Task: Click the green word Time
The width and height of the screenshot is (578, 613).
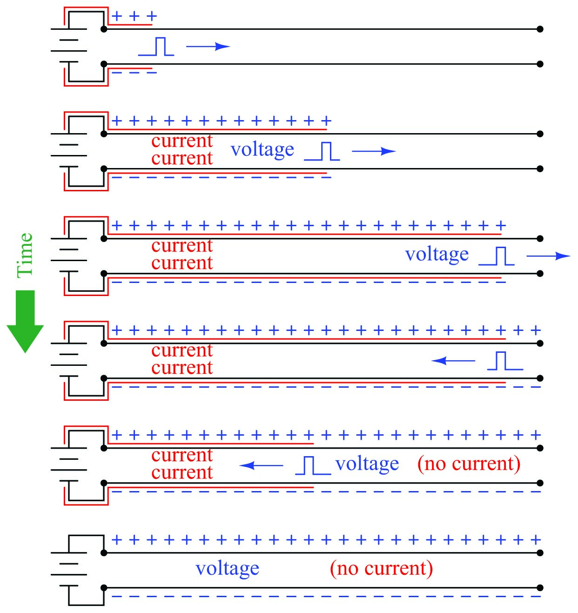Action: (x=25, y=255)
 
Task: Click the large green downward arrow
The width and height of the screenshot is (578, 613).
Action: (x=25, y=321)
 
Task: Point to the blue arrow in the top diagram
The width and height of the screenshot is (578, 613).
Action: (x=208, y=46)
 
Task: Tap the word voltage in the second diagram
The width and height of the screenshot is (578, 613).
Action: (x=262, y=150)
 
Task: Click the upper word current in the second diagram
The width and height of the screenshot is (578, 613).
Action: (x=182, y=141)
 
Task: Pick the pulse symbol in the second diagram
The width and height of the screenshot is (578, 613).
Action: (x=322, y=151)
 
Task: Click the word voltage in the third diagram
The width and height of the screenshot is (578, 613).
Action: (x=437, y=255)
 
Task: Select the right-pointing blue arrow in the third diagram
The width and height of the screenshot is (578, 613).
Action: (x=548, y=256)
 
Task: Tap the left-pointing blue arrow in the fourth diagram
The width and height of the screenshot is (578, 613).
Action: (x=453, y=360)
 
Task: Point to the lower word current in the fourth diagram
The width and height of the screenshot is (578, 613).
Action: (x=182, y=368)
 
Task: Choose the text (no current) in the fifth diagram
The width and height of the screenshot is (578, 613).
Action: (x=469, y=464)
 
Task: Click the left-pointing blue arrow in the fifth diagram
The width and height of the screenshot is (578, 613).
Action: (x=261, y=465)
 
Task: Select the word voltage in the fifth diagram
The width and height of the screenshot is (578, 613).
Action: (x=367, y=464)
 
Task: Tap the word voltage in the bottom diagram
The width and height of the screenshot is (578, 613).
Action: (x=228, y=569)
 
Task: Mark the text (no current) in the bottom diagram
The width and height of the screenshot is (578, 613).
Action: (x=381, y=568)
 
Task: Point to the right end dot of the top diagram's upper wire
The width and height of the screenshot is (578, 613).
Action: (x=540, y=29)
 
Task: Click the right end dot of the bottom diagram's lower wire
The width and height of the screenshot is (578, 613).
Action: (x=540, y=587)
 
